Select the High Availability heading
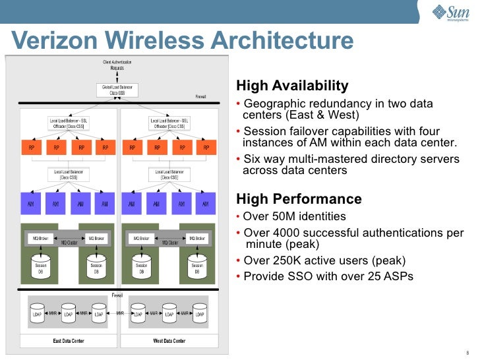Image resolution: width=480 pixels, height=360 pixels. point(291,86)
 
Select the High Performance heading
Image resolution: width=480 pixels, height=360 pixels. point(299,199)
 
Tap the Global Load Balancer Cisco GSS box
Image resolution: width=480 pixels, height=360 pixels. point(117,90)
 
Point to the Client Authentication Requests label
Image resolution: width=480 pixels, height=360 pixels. point(117,65)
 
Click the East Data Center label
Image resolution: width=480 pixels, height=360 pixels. point(69,341)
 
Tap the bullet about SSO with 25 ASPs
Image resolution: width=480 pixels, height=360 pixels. point(328,276)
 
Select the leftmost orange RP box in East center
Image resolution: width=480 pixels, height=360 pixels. point(32,148)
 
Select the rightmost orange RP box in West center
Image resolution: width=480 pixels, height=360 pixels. point(206,148)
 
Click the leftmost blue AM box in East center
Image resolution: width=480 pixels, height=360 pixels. point(32,204)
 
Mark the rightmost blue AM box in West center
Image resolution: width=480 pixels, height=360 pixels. point(206,204)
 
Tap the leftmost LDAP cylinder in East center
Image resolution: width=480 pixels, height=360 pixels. point(38,313)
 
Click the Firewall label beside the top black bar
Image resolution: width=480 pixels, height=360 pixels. point(201,97)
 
